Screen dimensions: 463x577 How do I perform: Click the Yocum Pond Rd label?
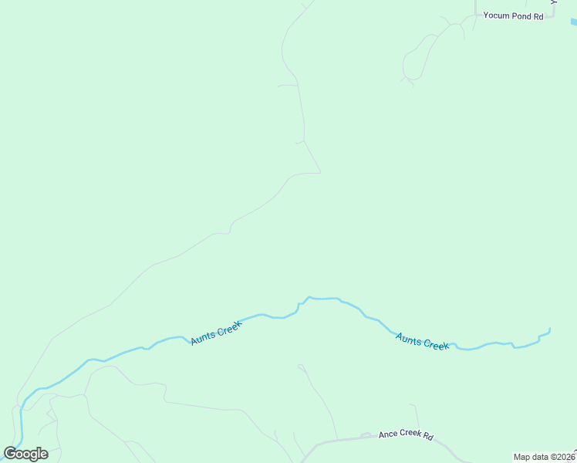(x=513, y=15)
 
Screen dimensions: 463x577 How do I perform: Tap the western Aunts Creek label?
(x=216, y=333)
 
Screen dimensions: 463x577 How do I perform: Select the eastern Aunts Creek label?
(x=422, y=341)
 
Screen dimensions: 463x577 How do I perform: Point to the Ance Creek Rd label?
(x=406, y=435)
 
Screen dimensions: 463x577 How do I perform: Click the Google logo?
(x=25, y=454)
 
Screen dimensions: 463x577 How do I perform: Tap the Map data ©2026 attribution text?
(x=544, y=457)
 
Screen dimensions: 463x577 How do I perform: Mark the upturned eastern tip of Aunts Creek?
(x=549, y=330)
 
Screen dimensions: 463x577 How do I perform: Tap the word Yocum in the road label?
(x=497, y=15)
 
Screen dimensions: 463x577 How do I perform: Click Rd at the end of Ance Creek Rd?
(x=428, y=437)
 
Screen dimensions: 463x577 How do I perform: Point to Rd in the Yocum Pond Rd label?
(x=538, y=15)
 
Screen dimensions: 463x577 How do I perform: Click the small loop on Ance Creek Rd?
(x=366, y=435)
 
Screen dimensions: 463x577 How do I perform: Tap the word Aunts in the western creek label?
(x=204, y=337)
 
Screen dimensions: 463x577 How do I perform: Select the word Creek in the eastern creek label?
(x=436, y=345)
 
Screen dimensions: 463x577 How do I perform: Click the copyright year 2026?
(x=566, y=457)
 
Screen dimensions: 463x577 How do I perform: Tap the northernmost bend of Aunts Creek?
(x=309, y=297)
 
